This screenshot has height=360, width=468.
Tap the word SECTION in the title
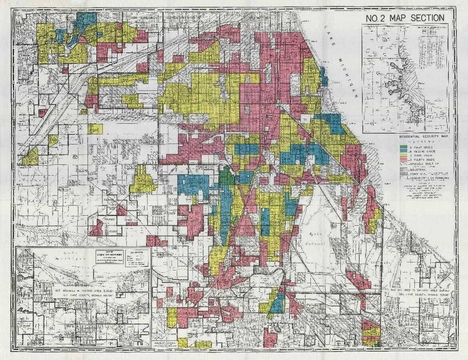(425, 19)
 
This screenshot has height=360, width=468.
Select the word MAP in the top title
(397, 19)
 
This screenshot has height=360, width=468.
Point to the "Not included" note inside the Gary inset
(84, 292)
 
